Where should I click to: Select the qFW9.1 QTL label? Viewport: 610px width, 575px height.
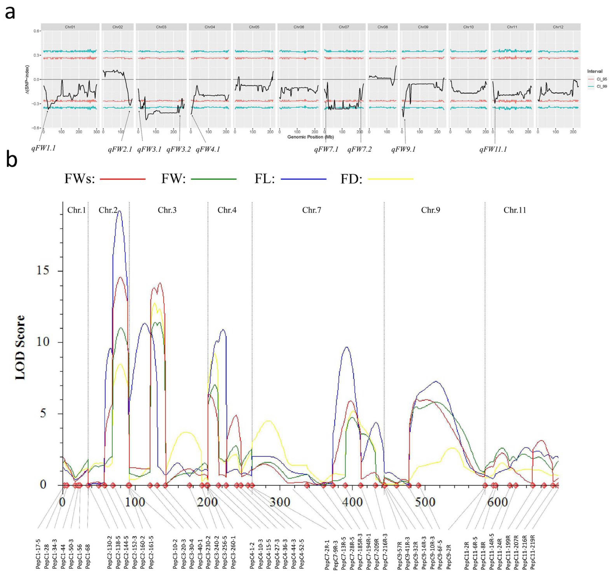[403, 150]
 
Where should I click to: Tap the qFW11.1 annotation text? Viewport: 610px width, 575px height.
[493, 150]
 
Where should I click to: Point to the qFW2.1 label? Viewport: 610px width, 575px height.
[120, 150]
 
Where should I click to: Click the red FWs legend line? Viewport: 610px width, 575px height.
[123, 179]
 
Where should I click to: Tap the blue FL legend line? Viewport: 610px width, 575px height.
[304, 179]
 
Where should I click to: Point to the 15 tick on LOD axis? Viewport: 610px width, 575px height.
[43, 270]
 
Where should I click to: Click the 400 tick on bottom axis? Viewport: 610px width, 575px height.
[352, 502]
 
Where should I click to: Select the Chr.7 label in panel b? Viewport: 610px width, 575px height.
[312, 210]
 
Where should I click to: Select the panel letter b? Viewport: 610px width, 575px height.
[12, 160]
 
